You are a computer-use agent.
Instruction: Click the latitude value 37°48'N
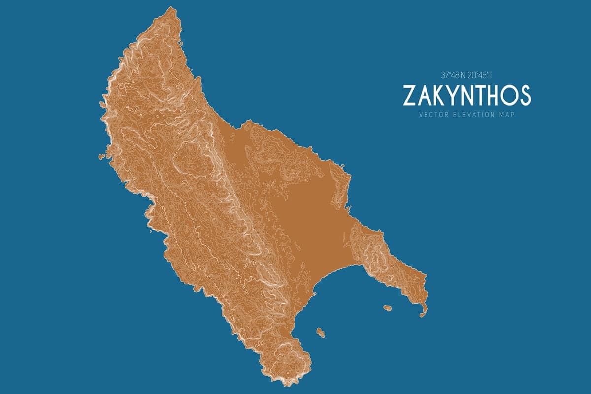453,75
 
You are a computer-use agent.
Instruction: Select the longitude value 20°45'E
479,75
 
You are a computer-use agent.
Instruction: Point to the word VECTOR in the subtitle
431,115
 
